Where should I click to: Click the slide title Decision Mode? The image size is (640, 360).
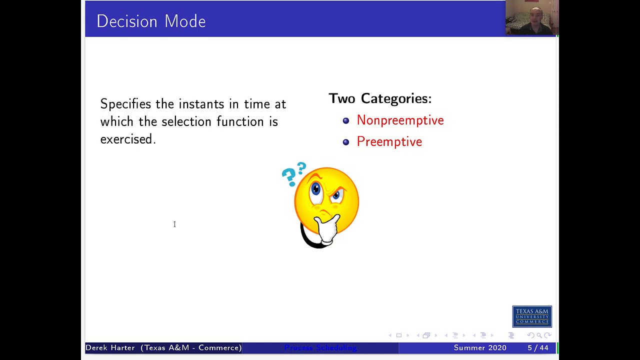151,21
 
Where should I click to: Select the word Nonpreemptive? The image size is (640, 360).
400,120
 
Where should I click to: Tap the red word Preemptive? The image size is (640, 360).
389,142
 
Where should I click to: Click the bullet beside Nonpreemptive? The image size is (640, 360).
346,120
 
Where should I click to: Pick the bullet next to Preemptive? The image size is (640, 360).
346,142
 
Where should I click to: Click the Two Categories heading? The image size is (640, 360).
379,98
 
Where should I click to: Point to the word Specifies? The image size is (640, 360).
125,104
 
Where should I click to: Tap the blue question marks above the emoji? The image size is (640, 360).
293,173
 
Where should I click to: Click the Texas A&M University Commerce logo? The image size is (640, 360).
532,316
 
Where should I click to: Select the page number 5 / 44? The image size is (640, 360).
537,347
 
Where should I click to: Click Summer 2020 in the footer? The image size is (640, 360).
479,347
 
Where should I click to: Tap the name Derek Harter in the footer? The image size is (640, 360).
110,347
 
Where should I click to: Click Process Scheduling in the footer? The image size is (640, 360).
320,347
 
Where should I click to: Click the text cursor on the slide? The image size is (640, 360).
174,224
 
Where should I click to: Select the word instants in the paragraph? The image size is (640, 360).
201,104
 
